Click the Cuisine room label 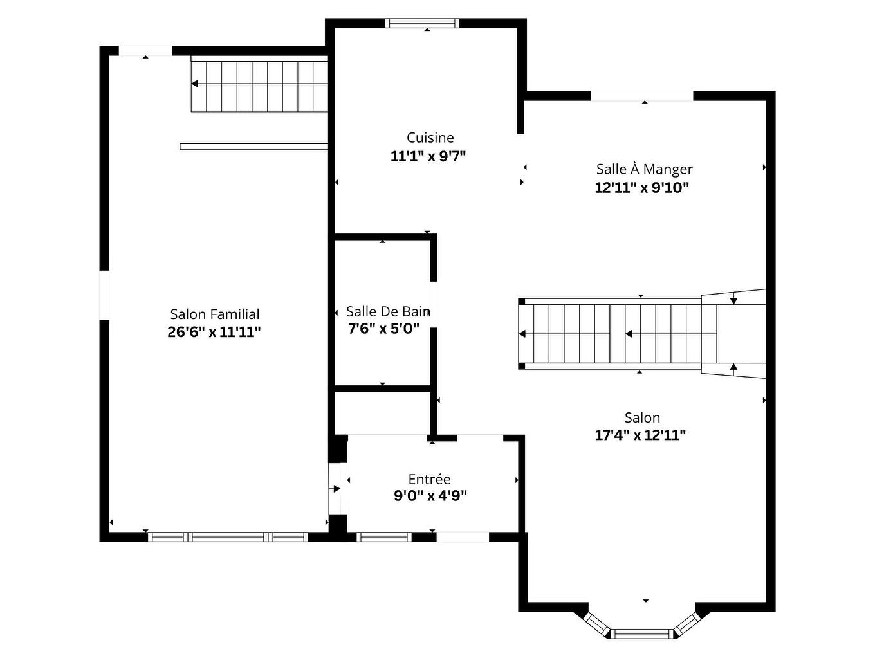pyautogui.click(x=430, y=138)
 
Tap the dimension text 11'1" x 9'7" pyautogui.click(x=428, y=156)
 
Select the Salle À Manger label pyautogui.click(x=644, y=169)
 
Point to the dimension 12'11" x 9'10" pyautogui.click(x=641, y=188)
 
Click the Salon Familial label pyautogui.click(x=215, y=314)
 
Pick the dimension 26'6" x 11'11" pyautogui.click(x=214, y=333)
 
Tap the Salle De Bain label pyautogui.click(x=387, y=312)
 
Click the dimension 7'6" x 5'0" pyautogui.click(x=383, y=329)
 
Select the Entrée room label pyautogui.click(x=429, y=479)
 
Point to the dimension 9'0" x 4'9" pyautogui.click(x=430, y=496)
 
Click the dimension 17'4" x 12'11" pyautogui.click(x=640, y=435)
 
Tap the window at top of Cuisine pyautogui.click(x=422, y=24)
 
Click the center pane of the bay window pyautogui.click(x=641, y=634)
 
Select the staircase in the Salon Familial pyautogui.click(x=259, y=84)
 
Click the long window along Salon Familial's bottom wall pyautogui.click(x=228, y=537)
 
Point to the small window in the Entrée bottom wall pyautogui.click(x=384, y=537)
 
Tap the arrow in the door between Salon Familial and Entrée pyautogui.click(x=336, y=489)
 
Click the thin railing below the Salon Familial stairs pyautogui.click(x=253, y=147)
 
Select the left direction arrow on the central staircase pyautogui.click(x=522, y=334)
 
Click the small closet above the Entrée pyautogui.click(x=382, y=412)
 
